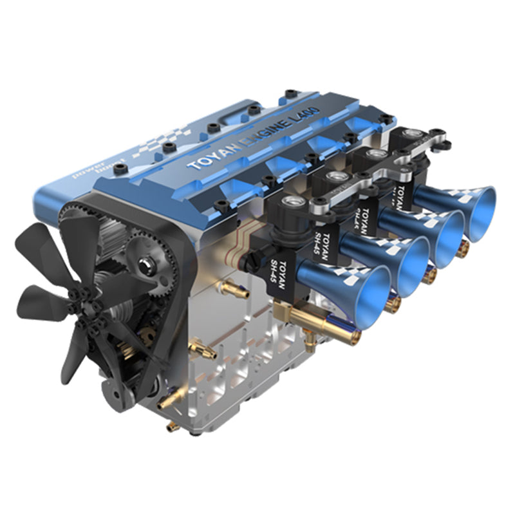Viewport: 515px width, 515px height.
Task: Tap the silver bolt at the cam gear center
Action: coord(145,265)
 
